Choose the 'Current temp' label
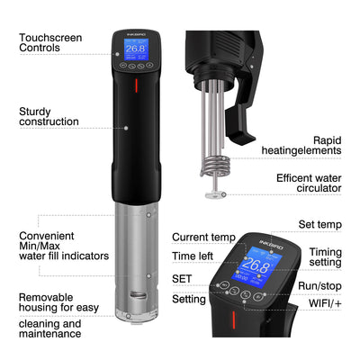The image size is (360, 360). [203, 238]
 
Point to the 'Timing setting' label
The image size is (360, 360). [325, 258]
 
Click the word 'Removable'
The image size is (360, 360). [51, 296]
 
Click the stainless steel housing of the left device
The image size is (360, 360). [136, 261]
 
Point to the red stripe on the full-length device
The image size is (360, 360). [136, 86]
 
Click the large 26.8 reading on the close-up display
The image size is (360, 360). [256, 265]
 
